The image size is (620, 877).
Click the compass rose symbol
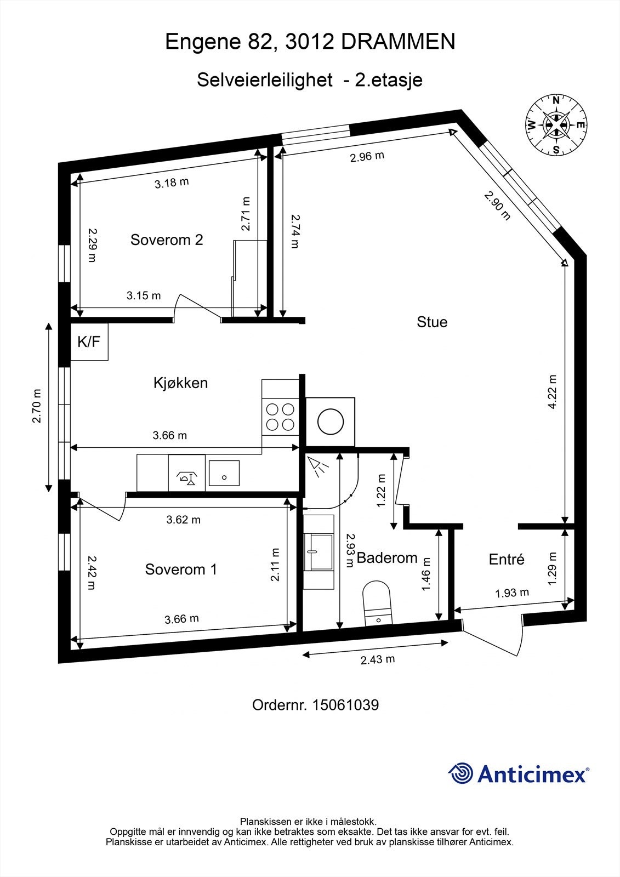coord(556,126)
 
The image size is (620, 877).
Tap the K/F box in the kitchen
coord(89,342)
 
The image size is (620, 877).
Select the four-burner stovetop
coord(280,417)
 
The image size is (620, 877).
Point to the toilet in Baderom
coord(378,602)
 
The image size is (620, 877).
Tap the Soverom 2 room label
coord(167,240)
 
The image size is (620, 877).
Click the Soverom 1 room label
coord(181,570)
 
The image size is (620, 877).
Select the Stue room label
coord(432,322)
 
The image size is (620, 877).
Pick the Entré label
coord(507,559)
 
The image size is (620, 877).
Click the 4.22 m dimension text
coord(553,391)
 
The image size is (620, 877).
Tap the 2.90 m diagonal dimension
coord(497,206)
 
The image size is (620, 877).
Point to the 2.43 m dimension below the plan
coord(378,659)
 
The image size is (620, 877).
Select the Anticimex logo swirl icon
coord(460,773)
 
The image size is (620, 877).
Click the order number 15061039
coord(345,705)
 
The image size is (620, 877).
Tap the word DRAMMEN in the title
coord(398,42)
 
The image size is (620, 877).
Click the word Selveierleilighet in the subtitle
coord(265,81)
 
